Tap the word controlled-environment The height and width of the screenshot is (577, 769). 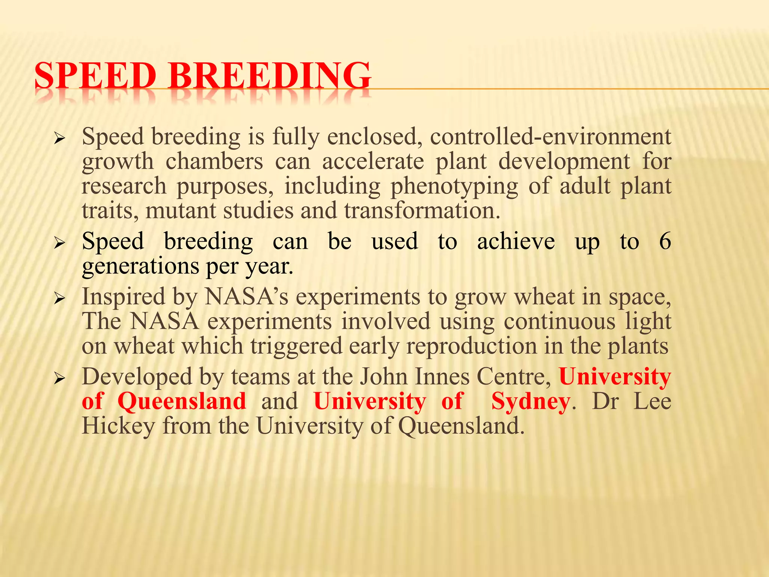[550, 136]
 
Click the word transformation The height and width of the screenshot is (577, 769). [422, 211]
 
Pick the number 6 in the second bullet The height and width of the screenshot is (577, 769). [665, 241]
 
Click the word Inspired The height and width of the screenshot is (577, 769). [124, 297]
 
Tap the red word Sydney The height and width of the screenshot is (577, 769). [530, 402]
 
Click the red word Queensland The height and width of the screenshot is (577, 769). [182, 402]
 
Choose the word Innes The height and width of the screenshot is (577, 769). [442, 377]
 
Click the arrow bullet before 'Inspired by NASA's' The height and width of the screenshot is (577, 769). [60, 299]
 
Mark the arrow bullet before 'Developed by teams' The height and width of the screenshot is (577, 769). [60, 379]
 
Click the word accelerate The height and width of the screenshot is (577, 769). [373, 162]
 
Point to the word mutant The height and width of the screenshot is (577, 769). [181, 211]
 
